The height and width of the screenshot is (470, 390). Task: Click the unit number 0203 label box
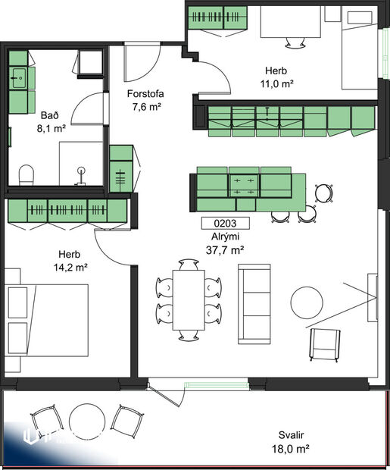[x=226, y=223]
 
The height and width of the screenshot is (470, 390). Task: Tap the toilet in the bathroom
[x=26, y=175]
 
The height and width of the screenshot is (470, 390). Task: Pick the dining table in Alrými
[x=188, y=298]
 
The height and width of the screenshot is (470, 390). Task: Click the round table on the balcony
[x=85, y=419]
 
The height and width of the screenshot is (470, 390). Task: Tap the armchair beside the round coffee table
[x=324, y=345]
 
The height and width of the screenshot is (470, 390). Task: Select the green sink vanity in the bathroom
[x=20, y=77]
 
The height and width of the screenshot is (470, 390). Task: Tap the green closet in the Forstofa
[x=121, y=168]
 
